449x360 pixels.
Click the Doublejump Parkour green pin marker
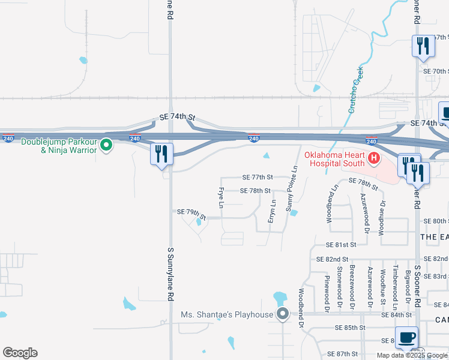[x=106, y=145]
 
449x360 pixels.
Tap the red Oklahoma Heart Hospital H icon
[x=374, y=158]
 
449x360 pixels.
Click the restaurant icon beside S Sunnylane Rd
[x=161, y=154]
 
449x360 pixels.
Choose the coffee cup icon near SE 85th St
[x=407, y=337]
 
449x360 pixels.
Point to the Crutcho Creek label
[x=356, y=91]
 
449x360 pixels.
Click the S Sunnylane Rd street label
[x=170, y=272]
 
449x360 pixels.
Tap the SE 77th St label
[x=258, y=178]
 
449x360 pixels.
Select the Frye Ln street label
[x=221, y=198]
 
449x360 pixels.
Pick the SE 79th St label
[x=191, y=213]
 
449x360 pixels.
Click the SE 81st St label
[x=341, y=245]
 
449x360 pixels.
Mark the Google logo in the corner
[x=20, y=353]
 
